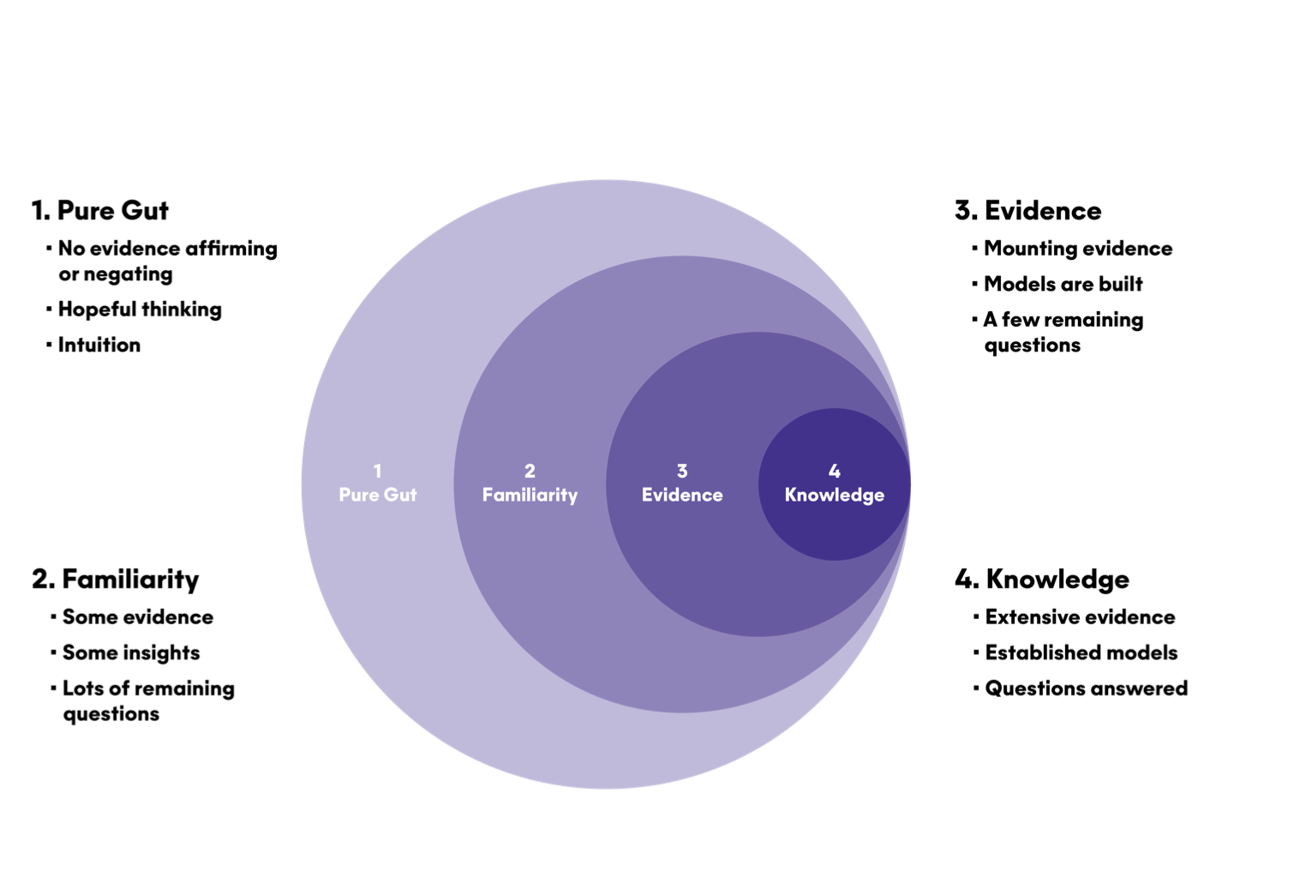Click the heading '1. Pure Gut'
[99, 210]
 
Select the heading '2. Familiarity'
[115, 579]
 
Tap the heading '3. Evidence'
[1027, 210]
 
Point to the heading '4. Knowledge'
[1041, 579]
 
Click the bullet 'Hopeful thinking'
[140, 309]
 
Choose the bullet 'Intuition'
[99, 345]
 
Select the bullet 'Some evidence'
[137, 616]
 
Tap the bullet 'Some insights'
[130, 652]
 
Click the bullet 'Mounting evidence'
[1077, 248]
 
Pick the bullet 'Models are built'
[1063, 284]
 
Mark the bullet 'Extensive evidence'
[1080, 616]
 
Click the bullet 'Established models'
[1081, 652]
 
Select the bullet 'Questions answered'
[1086, 688]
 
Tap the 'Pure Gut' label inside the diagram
[377, 495]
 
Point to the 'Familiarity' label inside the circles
[530, 495]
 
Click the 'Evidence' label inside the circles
[682, 495]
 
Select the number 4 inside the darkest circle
[834, 471]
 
